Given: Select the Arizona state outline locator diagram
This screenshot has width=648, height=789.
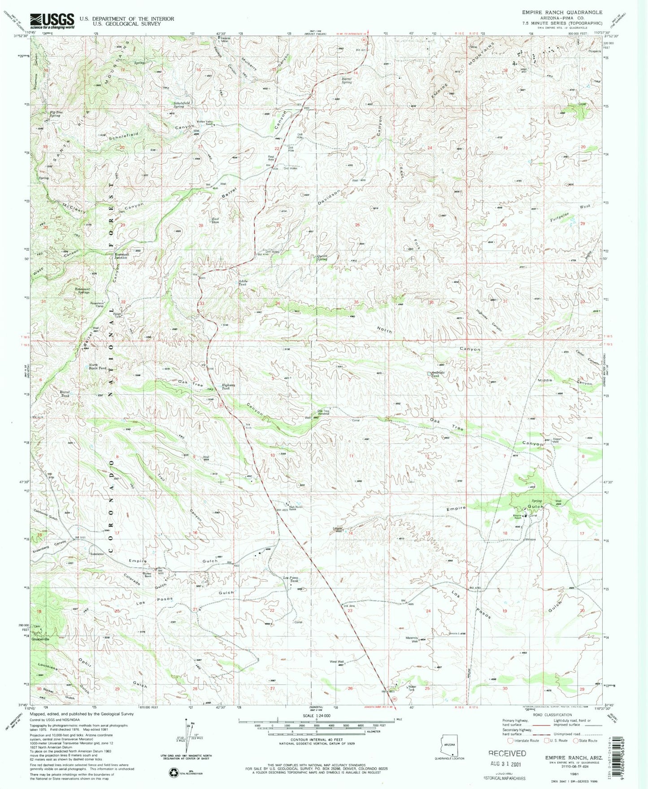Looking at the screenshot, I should tap(450, 746).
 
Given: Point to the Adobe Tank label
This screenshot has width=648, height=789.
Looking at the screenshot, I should tap(242, 283).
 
